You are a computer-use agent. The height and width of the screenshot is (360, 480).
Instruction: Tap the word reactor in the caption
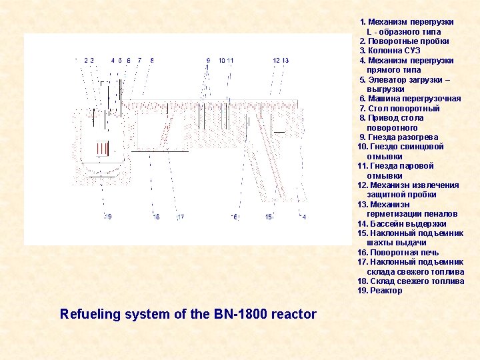pos(294,313)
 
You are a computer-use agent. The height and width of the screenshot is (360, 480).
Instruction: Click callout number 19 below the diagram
pos(108,217)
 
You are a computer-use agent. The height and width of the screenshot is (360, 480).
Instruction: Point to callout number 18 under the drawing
pos(156,217)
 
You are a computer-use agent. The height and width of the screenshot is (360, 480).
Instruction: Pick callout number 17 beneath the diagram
pos(180,217)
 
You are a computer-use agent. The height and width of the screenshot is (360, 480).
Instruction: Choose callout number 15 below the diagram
pos(268,217)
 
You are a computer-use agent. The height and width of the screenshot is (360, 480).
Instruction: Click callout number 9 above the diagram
pos(209,61)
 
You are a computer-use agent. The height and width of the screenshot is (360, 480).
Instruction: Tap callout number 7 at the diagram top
pos(139,61)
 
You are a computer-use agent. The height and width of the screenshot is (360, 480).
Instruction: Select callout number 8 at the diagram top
pos(152,61)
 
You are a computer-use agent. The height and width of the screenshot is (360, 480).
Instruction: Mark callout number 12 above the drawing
pos(276,61)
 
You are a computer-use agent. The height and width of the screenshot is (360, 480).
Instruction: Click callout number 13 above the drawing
pos(285,61)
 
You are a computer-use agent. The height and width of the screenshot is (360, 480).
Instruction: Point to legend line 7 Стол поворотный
pos(399,108)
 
